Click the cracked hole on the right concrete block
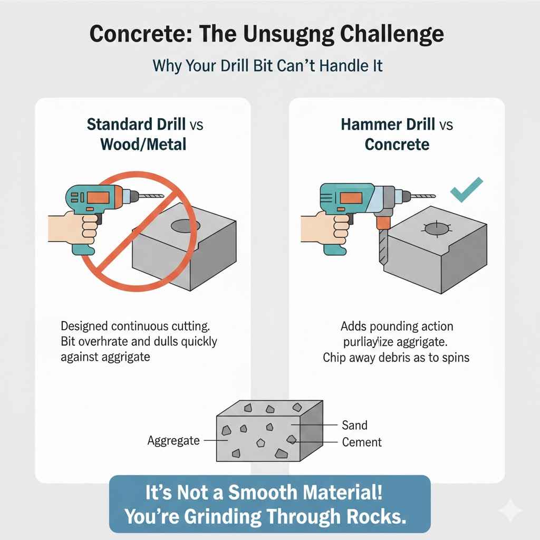click(x=437, y=230)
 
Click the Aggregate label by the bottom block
click(x=173, y=440)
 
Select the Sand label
click(x=354, y=425)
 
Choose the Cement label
click(x=362, y=442)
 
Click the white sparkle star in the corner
click(x=510, y=510)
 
